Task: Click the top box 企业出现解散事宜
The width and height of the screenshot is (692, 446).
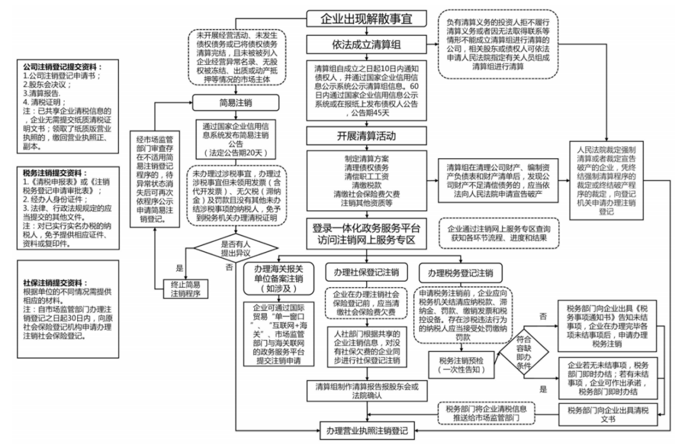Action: (366, 18)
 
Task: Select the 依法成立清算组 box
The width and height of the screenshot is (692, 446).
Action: (366, 44)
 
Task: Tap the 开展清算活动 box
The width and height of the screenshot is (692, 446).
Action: (366, 136)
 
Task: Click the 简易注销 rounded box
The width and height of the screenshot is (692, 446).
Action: (236, 103)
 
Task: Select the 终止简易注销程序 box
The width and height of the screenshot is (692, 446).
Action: (185, 288)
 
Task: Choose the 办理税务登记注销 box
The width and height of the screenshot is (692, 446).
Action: (457, 273)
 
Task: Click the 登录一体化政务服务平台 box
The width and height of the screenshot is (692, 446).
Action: (366, 234)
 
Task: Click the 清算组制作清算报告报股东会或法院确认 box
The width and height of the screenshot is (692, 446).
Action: (366, 390)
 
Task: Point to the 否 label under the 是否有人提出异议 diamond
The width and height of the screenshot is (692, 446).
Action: (229, 268)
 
